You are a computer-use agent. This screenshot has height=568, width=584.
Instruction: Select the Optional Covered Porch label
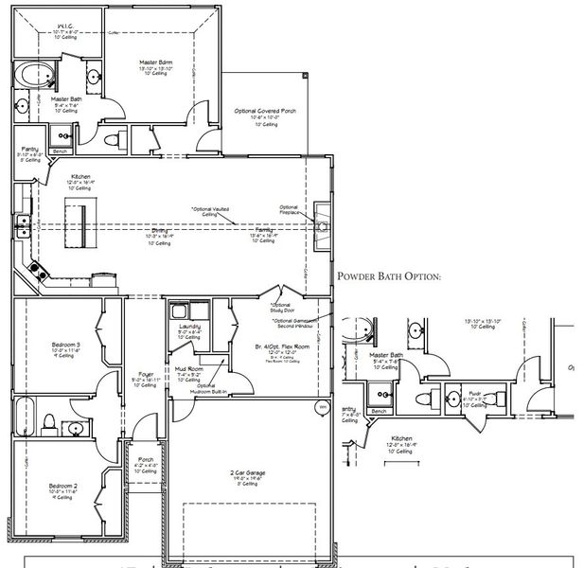(x=265, y=111)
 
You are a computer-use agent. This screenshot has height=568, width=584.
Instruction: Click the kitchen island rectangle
(x=76, y=220)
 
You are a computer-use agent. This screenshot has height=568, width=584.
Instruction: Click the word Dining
(x=159, y=231)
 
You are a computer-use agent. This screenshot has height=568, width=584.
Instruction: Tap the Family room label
(x=264, y=231)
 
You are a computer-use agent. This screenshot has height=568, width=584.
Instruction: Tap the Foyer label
(x=145, y=375)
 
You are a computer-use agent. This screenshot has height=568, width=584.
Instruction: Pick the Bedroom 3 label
(x=65, y=344)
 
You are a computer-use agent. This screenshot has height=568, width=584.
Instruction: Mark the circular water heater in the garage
(x=323, y=408)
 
